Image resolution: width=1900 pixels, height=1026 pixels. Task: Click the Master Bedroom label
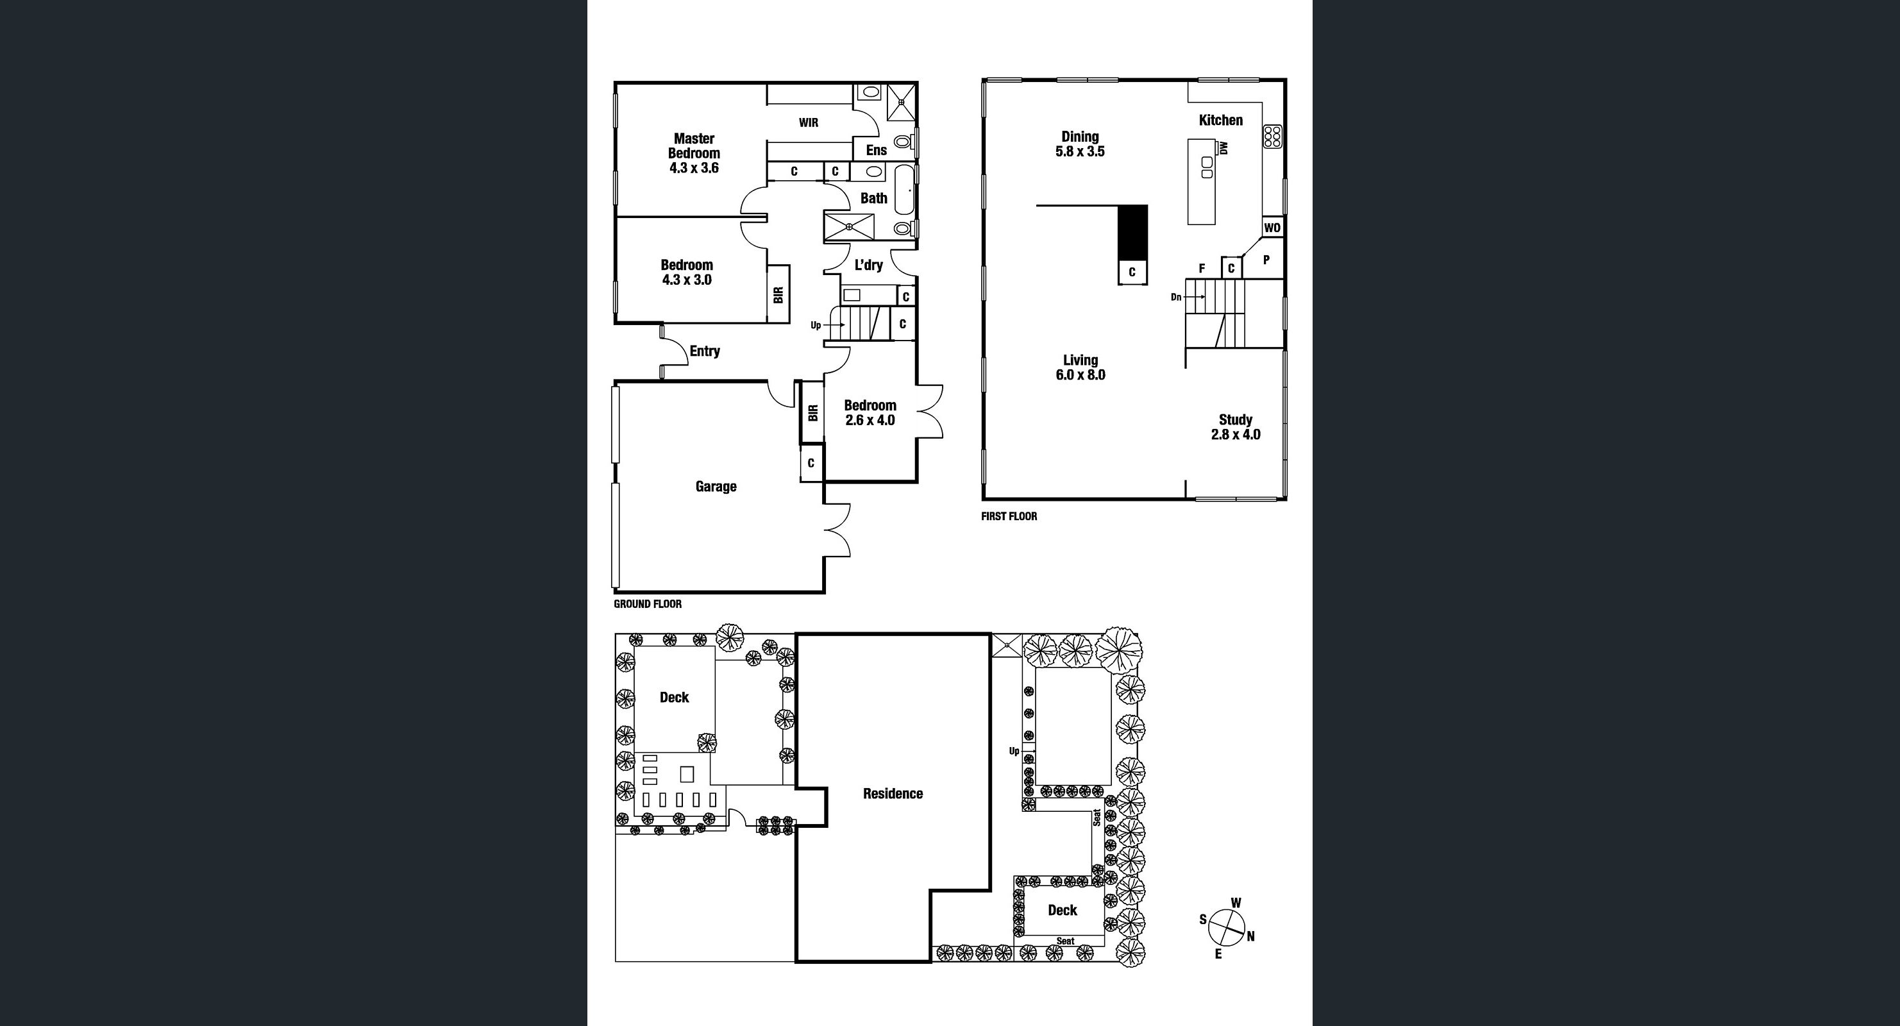tap(694, 146)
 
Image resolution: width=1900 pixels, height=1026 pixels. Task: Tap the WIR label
tap(809, 122)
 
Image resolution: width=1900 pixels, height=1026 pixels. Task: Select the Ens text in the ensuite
tap(876, 151)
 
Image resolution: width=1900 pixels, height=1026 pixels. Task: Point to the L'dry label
tap(868, 265)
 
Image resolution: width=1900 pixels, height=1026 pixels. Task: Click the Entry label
tap(704, 351)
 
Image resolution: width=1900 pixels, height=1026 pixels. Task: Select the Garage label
tap(716, 486)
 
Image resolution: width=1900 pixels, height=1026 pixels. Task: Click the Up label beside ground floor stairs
tap(816, 325)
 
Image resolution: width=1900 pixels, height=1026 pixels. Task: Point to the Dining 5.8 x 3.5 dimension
tap(1080, 151)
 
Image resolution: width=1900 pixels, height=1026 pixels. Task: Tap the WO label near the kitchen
tap(1272, 228)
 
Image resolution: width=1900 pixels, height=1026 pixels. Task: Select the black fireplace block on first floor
tap(1133, 231)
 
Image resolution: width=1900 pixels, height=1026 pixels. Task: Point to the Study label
tap(1236, 419)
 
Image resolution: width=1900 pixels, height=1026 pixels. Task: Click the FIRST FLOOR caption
tap(1008, 516)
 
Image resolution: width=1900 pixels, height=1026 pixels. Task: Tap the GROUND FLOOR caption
tap(647, 604)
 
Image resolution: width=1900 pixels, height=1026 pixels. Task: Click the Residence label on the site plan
tap(893, 794)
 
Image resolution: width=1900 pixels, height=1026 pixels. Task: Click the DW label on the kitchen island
tap(1223, 149)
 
